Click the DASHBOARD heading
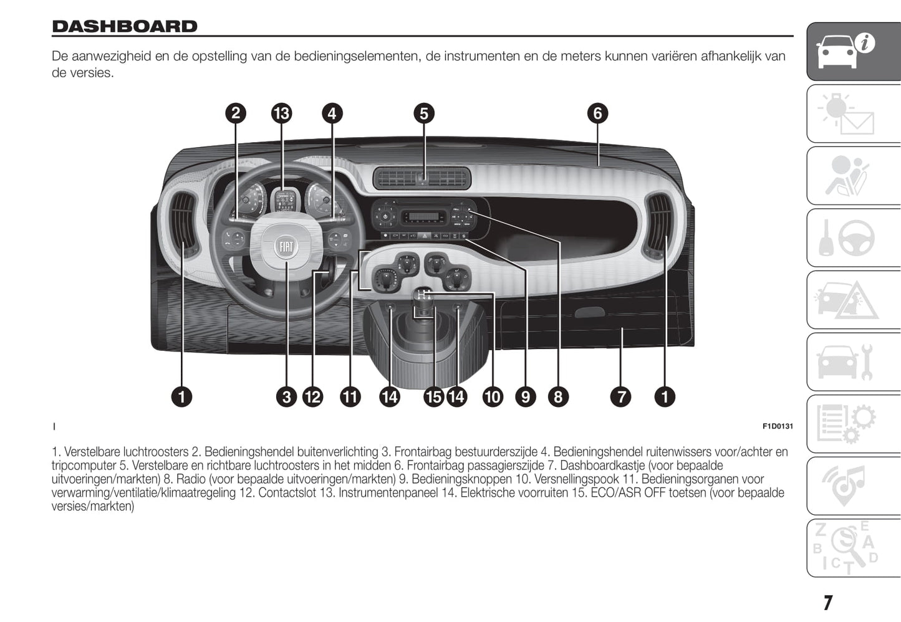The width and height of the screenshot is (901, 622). coord(125,26)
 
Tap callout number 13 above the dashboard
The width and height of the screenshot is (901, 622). coord(281,113)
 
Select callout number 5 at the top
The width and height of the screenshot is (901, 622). coord(424,113)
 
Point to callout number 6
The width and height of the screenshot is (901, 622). coord(597,113)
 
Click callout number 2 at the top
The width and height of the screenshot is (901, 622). coord(236,113)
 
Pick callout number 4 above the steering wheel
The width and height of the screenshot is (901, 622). coord(332,113)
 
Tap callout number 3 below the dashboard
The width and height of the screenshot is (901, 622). coord(287,397)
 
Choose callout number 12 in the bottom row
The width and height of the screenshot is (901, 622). coord(312,397)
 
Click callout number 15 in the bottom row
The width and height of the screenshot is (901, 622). coord(433,397)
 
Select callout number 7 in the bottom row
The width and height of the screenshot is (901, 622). coord(621,397)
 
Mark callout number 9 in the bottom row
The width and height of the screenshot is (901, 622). coord(526,397)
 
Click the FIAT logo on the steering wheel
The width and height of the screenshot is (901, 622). coord(286,247)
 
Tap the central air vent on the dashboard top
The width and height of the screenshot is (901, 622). coord(422,179)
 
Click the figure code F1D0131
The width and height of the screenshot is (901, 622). coord(778,426)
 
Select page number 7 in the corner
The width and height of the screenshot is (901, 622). coord(827,603)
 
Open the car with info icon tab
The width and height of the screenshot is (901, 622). coord(853,51)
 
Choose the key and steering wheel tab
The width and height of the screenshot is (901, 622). coord(853,238)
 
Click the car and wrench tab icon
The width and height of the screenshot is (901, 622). coord(853,362)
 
